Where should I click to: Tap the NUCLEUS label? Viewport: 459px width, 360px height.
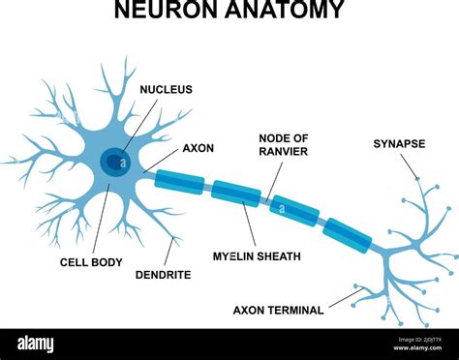(166, 89)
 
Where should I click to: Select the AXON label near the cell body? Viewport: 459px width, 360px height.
(198, 149)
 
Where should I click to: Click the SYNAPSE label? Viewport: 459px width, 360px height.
(399, 144)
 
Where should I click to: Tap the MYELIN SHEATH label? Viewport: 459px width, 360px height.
(257, 256)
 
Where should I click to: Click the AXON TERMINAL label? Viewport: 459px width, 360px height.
(279, 311)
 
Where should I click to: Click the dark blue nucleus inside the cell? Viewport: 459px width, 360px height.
(112, 162)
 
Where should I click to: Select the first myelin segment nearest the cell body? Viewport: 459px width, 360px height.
(179, 181)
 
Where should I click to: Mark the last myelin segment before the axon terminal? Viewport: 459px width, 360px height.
(346, 235)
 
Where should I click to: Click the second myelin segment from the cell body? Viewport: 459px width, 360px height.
(235, 193)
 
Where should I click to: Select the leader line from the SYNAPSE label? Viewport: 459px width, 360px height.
(412, 165)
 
